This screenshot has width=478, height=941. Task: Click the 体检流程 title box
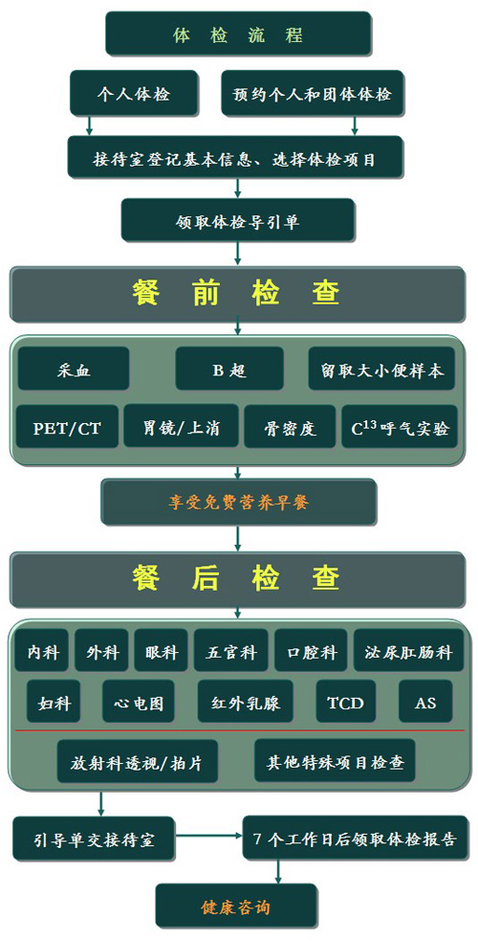238,34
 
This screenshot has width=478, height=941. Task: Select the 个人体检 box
134,93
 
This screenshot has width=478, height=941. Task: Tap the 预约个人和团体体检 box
312,93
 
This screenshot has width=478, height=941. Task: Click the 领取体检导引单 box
238,221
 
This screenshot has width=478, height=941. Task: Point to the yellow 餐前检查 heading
236,294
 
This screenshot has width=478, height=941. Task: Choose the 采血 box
74,369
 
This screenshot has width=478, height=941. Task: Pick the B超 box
229,369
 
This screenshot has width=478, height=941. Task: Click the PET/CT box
67,427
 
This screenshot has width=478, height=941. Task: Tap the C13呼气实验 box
400,427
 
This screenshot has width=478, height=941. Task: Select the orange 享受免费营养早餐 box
238,503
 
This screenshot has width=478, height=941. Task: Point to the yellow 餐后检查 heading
236,578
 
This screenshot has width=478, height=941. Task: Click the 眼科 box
162,651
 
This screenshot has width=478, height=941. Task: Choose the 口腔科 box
311,651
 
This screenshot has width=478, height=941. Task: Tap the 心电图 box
139,701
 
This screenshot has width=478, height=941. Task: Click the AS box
425,701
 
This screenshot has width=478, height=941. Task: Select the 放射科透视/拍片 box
137,761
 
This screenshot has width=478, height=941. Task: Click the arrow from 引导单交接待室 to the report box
208,835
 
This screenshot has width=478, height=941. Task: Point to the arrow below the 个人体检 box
89,124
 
